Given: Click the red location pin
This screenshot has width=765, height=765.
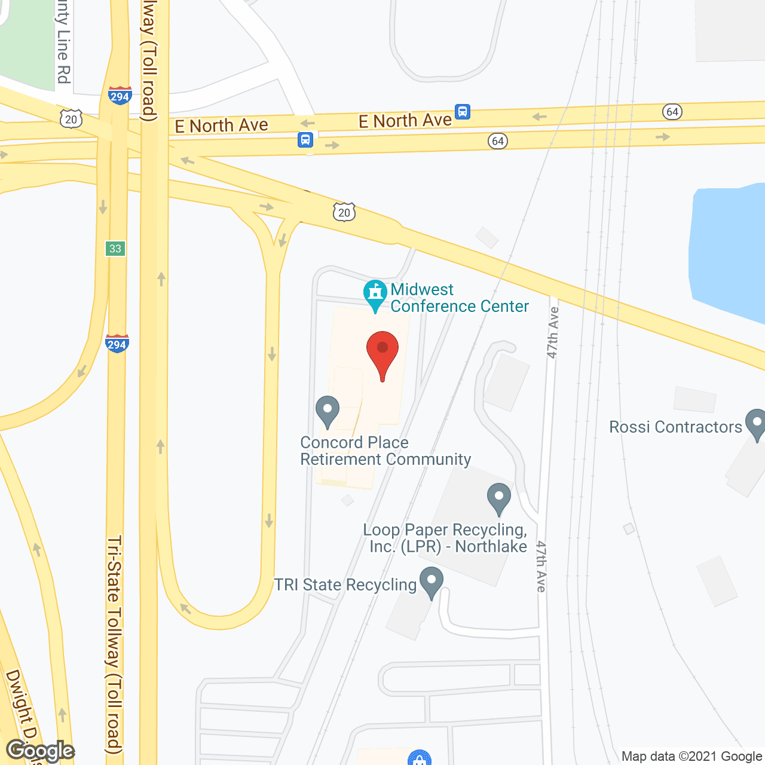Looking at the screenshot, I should pos(382,353).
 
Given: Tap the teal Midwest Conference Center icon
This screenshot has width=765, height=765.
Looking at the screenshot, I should pos(375,293).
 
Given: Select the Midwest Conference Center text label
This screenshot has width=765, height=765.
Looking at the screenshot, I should pos(459,298).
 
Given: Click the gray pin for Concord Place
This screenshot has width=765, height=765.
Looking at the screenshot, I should pos(327,411).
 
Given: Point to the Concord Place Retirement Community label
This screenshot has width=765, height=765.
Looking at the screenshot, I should pos(385,451).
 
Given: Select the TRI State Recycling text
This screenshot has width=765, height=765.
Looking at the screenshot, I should pos(345,585).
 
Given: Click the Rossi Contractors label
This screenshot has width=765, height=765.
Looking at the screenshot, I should pos(675,427).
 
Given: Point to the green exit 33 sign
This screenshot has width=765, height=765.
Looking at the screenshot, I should pos(115,248).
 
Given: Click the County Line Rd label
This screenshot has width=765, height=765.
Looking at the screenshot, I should pos(63,42).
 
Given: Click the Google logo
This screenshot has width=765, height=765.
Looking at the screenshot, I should pos(41,751).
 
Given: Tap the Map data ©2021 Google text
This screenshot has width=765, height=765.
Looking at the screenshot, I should pos(692,757).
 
